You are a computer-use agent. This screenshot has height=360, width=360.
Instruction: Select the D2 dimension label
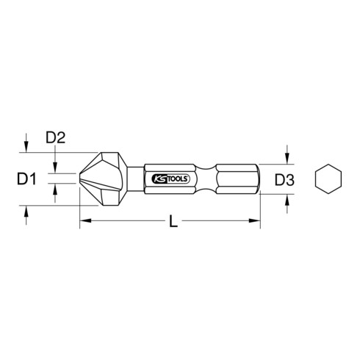point(57,137)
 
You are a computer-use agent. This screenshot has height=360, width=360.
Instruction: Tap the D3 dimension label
point(286,179)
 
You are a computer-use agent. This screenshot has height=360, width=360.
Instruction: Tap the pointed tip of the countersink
point(79,179)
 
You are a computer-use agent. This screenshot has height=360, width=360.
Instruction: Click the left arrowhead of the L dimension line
point(84,220)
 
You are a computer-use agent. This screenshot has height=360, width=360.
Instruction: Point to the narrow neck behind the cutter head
point(135,179)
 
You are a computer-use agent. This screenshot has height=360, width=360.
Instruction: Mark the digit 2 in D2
point(64,137)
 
